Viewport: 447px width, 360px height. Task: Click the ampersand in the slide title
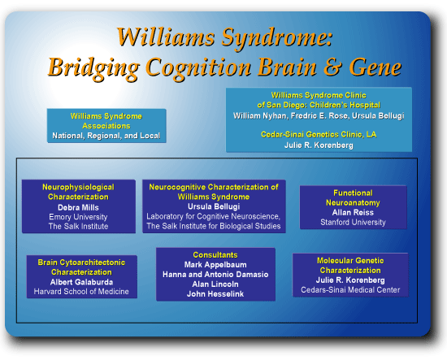[332, 67]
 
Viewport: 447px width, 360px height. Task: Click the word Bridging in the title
[93, 68]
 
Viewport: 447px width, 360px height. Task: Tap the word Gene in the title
[375, 67]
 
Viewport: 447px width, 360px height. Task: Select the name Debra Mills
[78, 207]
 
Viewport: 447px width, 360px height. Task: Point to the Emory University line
[78, 217]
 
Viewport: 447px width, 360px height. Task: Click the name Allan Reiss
[353, 212]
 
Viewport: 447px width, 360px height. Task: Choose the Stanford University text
[353, 223]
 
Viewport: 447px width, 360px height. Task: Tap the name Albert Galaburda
[81, 282]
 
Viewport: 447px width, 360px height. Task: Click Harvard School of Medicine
[81, 292]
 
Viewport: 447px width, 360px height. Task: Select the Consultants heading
[215, 255]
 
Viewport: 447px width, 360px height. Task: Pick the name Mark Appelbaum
[215, 265]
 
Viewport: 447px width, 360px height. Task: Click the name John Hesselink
[215, 294]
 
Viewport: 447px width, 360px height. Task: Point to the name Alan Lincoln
[215, 284]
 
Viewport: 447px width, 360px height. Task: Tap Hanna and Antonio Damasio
[215, 275]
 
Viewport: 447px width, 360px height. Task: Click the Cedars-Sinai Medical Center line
[350, 290]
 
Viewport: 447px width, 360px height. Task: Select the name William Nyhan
[259, 115]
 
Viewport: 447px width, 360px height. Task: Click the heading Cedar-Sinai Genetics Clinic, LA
[319, 135]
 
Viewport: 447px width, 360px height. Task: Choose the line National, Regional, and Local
[106, 136]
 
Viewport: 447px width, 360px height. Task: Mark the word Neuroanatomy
[353, 202]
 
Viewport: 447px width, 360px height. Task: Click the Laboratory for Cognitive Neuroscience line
[214, 217]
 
